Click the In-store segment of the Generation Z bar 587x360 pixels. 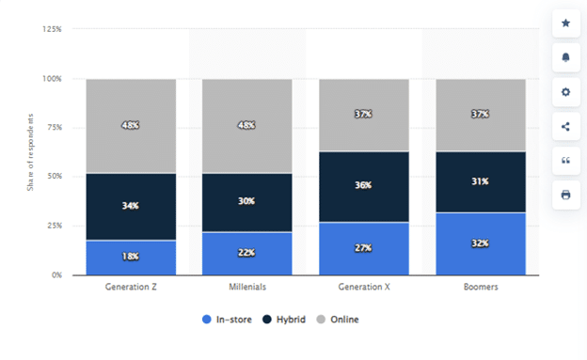[131, 258]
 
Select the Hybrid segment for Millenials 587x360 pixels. [247, 202]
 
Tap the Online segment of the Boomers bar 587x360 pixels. [480, 115]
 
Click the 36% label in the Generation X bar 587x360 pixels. [364, 186]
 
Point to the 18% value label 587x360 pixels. [131, 257]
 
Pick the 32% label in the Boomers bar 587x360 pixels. [480, 243]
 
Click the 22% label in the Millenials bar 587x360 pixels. [247, 253]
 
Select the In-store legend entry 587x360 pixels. [229, 320]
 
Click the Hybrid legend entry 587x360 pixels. [285, 320]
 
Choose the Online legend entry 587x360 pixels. [338, 320]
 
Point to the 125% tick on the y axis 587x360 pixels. [53, 29]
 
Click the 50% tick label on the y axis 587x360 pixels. [56, 177]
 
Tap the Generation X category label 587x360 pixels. [364, 287]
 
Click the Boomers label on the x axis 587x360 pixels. [480, 287]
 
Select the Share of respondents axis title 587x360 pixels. [30, 152]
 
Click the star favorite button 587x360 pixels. [565, 23]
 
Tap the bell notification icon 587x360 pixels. [565, 57]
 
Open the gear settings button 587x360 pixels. [565, 92]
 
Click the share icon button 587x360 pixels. [565, 126]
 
